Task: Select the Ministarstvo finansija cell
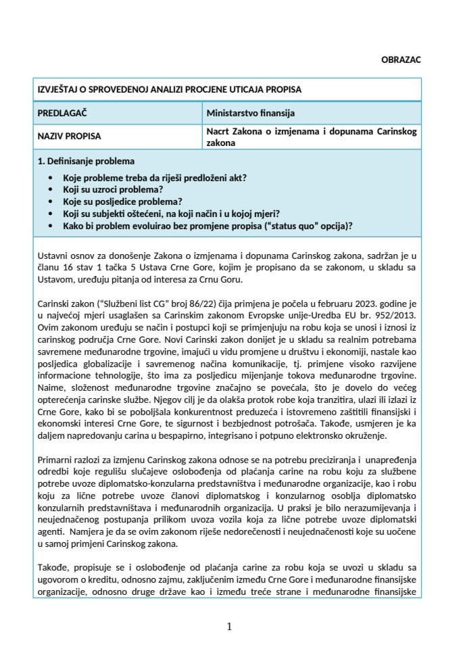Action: pyautogui.click(x=250, y=113)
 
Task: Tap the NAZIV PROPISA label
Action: pyautogui.click(x=69, y=136)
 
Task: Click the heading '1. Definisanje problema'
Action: pyautogui.click(x=87, y=161)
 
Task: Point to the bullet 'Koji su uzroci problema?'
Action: pyautogui.click(x=113, y=190)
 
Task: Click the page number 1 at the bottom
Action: pyautogui.click(x=230, y=627)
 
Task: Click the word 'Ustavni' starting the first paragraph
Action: pyautogui.click(x=54, y=257)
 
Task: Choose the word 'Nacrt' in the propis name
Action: pyautogui.click(x=218, y=131)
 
